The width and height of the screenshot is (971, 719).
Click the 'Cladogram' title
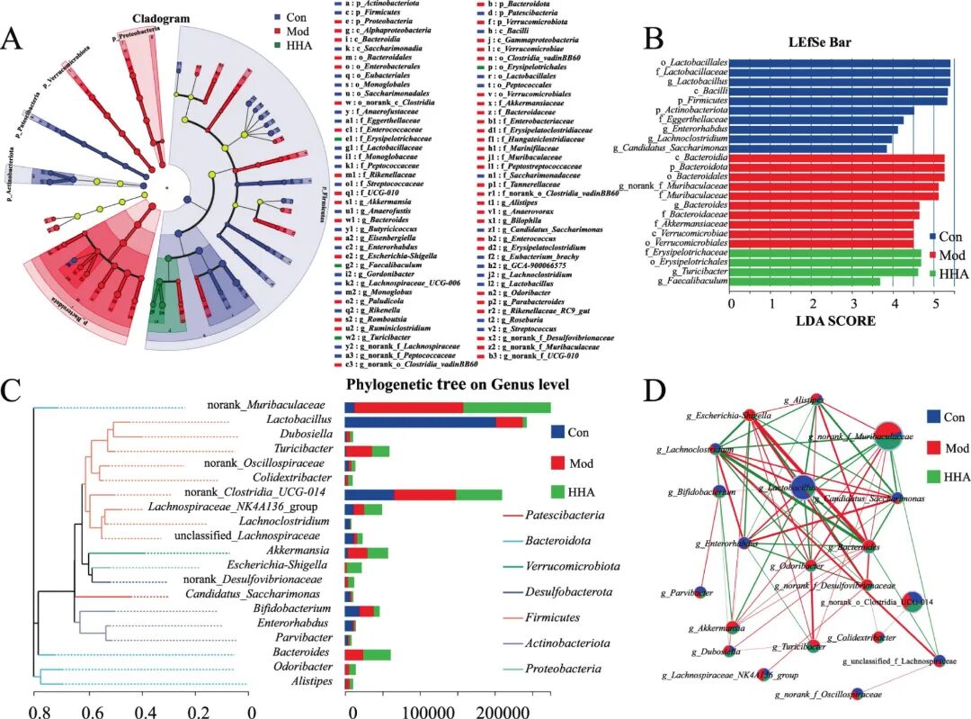coord(161,18)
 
